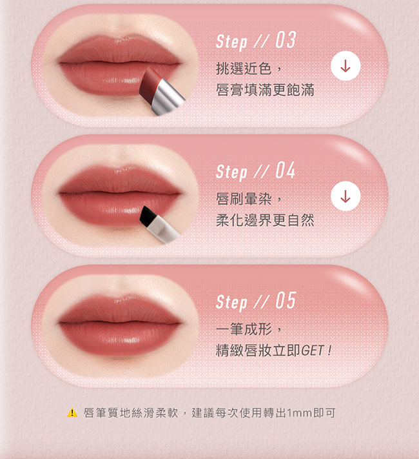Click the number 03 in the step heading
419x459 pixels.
coord(286,40)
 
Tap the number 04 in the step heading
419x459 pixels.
coord(286,170)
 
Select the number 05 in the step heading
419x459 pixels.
coord(286,301)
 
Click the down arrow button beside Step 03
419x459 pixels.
coord(346,66)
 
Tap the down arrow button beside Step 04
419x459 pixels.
coord(346,196)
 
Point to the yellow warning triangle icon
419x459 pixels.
coord(72,413)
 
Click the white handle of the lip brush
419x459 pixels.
coord(162,230)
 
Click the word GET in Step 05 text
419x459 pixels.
coord(313,351)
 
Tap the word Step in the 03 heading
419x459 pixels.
coord(231,42)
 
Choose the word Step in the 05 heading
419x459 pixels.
coord(231,302)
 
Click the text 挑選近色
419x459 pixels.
coord(244,68)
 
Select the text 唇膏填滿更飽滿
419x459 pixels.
coord(265,90)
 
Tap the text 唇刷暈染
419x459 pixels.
coord(244,199)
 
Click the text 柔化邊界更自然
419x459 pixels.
coord(265,220)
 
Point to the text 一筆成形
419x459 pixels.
coord(244,329)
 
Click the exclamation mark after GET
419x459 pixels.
coord(329,351)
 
